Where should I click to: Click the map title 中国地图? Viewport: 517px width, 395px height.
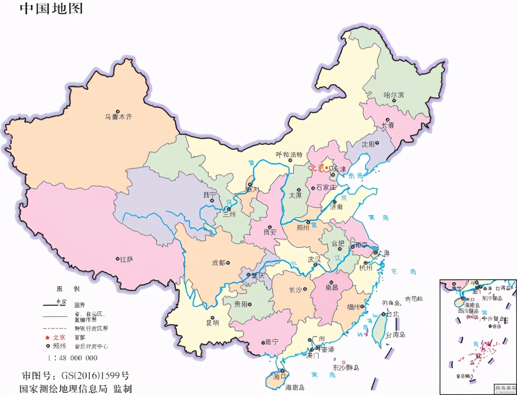[x=51, y=9]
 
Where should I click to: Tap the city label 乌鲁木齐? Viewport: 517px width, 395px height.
[x=119, y=117]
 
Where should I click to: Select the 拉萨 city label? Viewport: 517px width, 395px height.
[x=126, y=260]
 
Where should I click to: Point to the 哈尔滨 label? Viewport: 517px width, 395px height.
[x=393, y=95]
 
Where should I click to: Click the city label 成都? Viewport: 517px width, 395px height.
[x=219, y=263]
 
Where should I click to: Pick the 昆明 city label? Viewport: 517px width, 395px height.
[x=212, y=323]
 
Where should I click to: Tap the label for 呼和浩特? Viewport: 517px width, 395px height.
[x=288, y=155]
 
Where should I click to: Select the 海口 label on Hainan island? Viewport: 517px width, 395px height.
[x=280, y=377]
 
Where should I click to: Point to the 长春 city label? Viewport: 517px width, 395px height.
[x=388, y=125]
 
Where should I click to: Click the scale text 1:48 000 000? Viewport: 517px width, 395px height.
[x=73, y=358]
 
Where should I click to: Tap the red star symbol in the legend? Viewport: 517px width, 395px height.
[x=48, y=337]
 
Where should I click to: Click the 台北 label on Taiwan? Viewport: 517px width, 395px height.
[x=391, y=314]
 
